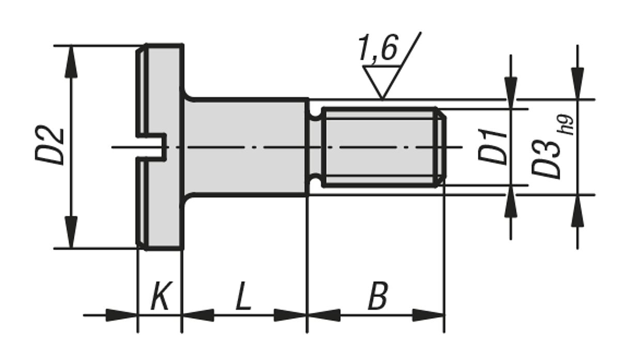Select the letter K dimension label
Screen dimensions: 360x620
(160, 298)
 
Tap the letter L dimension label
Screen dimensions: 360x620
(243, 297)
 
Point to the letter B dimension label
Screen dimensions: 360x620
(378, 297)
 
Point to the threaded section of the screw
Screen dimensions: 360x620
(380, 147)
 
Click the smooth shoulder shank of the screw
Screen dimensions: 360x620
(245, 147)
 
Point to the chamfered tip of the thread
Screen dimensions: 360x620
(442, 147)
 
